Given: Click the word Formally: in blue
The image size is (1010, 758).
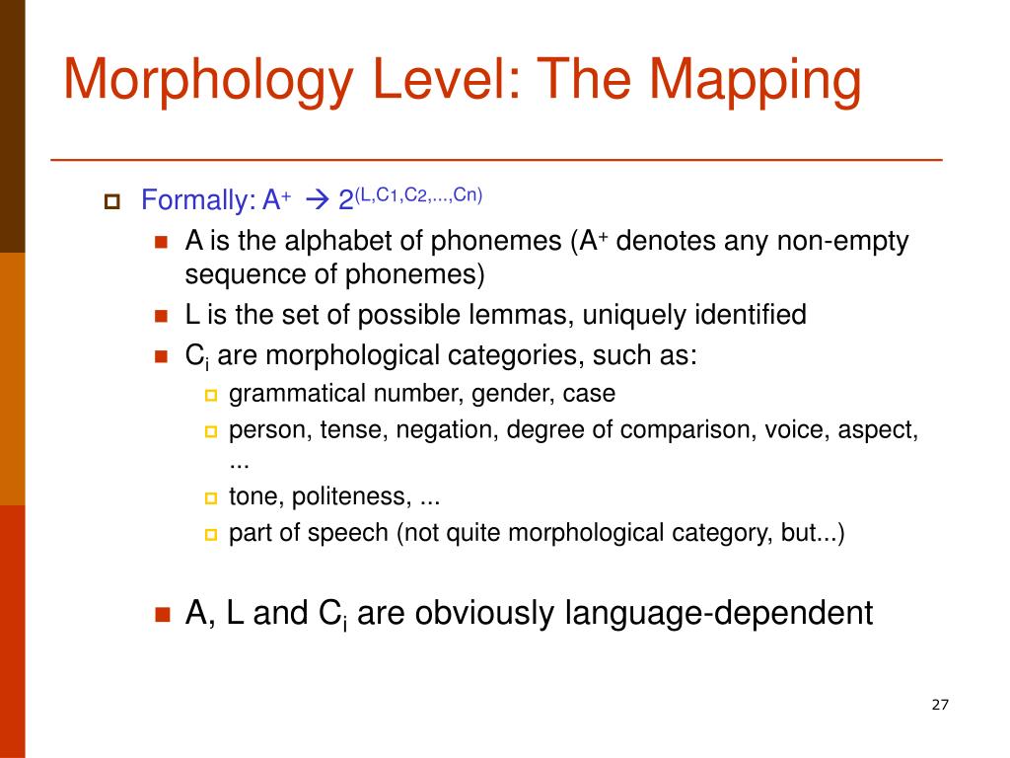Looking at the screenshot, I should (198, 201).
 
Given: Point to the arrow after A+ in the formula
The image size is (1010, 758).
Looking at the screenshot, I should (316, 201).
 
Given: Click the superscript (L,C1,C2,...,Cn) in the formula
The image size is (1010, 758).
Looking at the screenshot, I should (419, 194).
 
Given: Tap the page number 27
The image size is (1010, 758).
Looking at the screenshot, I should (939, 705).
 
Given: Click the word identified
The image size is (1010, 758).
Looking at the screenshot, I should (751, 316).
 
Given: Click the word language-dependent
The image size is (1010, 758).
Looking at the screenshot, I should (719, 614).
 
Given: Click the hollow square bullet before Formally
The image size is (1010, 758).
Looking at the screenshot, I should (110, 202).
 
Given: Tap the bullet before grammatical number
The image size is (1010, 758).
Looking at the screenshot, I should (209, 396).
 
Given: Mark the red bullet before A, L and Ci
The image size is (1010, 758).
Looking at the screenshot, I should (164, 614).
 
